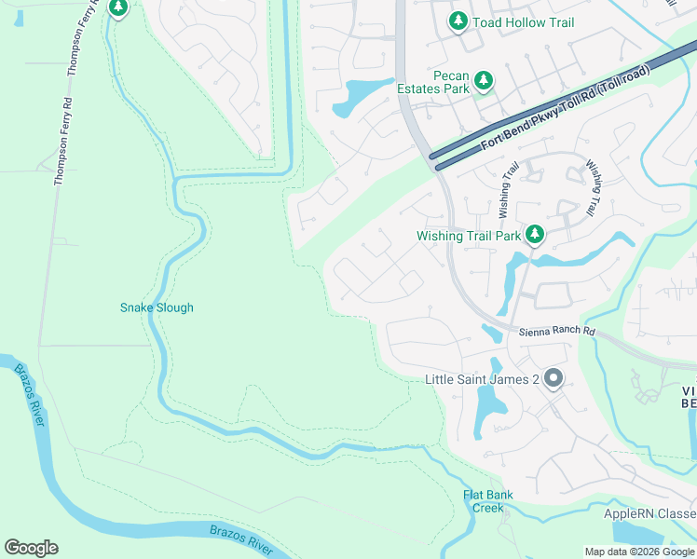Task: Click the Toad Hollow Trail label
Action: [x=523, y=21]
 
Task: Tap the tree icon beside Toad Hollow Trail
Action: [x=458, y=20]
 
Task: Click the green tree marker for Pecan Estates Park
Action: [x=484, y=82]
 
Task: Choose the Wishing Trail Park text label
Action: [x=468, y=236]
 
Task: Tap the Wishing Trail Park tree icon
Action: [x=534, y=235]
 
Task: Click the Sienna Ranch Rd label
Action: [x=557, y=332]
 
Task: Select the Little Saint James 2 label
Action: [x=482, y=379]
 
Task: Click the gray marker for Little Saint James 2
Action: [x=553, y=378]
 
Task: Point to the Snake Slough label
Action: [x=157, y=307]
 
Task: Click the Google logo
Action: [x=31, y=548]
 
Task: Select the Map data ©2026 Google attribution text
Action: [x=639, y=552]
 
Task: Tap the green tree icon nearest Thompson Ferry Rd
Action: [x=117, y=8]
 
